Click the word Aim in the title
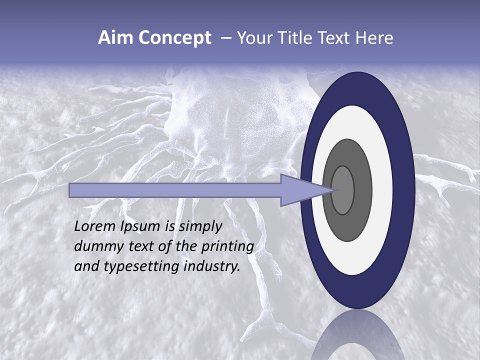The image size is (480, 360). pyautogui.click(x=112, y=38)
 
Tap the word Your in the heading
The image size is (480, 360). pyautogui.click(x=252, y=38)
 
